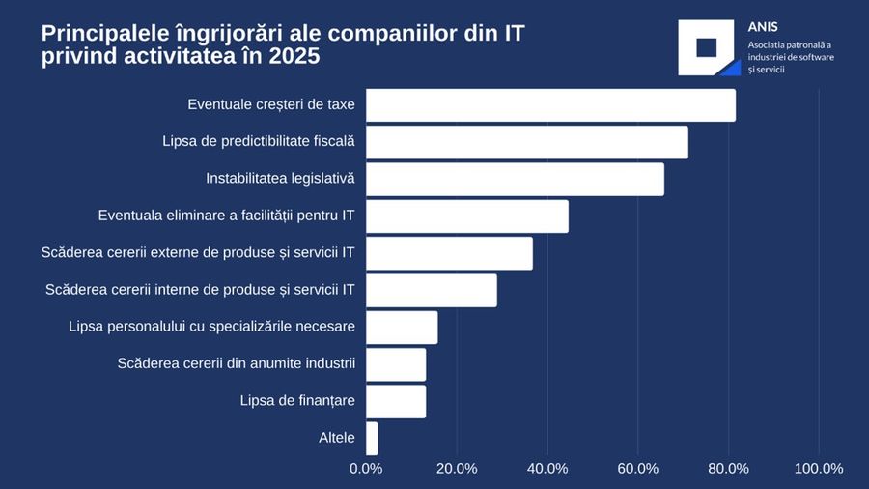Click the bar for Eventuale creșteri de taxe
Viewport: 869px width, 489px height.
[x=550, y=105]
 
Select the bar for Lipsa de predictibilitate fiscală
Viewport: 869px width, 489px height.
[x=527, y=142]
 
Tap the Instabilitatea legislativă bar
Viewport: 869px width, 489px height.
[x=515, y=179]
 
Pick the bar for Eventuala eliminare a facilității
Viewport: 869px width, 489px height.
[x=467, y=216]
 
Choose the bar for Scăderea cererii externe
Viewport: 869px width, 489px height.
[x=449, y=253]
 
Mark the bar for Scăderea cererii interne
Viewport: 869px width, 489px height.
[x=432, y=290]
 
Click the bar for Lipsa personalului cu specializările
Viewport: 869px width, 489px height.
[x=402, y=327]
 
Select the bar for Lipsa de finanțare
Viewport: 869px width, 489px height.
[x=396, y=401]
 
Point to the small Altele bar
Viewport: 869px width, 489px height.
[x=372, y=438]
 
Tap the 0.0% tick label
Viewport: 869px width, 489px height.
[x=366, y=469]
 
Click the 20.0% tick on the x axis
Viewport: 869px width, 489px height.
[x=457, y=469]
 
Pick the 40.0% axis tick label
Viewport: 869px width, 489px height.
[x=547, y=469]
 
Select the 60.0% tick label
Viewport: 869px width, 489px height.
[x=638, y=469]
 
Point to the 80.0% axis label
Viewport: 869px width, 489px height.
[x=729, y=469]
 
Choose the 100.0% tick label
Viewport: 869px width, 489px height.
[x=819, y=469]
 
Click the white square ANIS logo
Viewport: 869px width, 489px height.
[x=708, y=47]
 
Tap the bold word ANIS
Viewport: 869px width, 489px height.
[x=763, y=27]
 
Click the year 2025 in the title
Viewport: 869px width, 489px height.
[x=294, y=56]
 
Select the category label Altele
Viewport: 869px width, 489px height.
[x=337, y=438]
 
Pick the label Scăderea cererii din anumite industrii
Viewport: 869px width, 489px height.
[x=237, y=363]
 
